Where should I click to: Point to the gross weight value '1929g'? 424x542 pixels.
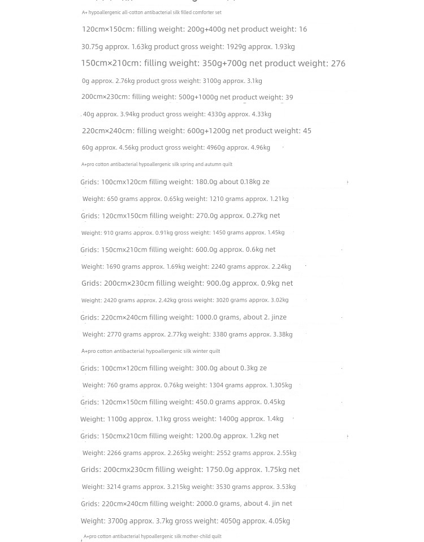236,47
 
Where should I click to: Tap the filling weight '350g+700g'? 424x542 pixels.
224,64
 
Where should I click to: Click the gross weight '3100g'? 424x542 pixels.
212,81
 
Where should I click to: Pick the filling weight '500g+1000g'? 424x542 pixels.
198,97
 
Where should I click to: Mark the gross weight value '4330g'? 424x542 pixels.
217,114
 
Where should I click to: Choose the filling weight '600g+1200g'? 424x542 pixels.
209,131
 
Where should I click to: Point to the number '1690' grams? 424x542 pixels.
113,266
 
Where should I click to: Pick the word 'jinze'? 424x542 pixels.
279,317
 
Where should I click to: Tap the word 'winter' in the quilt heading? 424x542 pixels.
198,351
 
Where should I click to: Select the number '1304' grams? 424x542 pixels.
216,385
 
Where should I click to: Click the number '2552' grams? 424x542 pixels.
223,453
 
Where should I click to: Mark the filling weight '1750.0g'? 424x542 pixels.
219,470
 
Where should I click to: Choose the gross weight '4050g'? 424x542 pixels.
229,521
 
